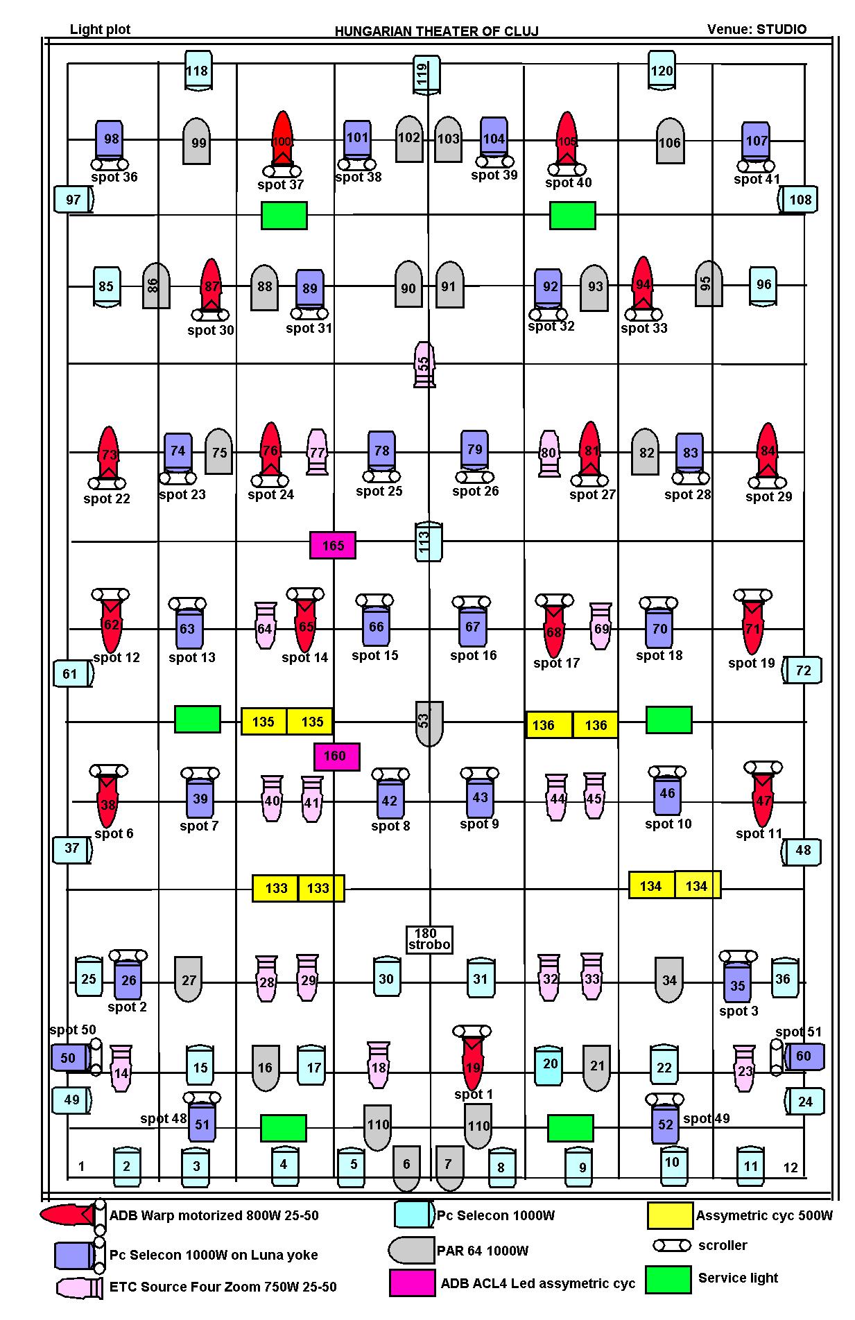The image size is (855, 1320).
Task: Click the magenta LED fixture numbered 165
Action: point(333,546)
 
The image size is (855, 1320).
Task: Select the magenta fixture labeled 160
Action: point(337,756)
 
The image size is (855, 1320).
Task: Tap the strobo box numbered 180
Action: point(429,939)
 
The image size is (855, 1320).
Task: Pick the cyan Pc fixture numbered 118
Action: point(198,70)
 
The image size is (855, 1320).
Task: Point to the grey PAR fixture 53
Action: point(429,723)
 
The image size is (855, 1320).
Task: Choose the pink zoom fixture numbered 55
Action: point(424,364)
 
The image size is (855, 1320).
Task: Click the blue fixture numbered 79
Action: point(475,449)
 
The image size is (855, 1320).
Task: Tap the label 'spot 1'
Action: point(474,1094)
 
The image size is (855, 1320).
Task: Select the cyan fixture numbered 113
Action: point(429,541)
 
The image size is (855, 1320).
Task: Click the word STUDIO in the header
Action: point(781,29)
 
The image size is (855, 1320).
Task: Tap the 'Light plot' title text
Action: point(101,29)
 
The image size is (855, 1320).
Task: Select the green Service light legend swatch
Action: point(668,1280)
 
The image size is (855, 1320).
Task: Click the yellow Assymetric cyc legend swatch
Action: point(670,1215)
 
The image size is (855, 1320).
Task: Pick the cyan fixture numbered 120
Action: point(662,70)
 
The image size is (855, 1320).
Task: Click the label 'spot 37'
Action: point(281,185)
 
